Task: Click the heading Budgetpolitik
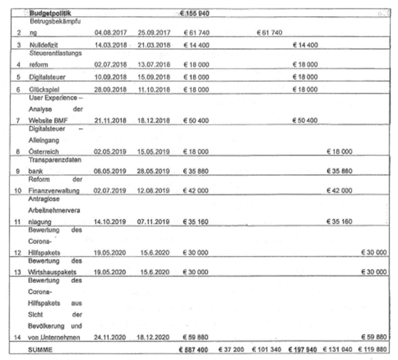(51, 12)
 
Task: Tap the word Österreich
(43, 152)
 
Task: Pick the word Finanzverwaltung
(55, 191)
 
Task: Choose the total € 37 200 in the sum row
(230, 349)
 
